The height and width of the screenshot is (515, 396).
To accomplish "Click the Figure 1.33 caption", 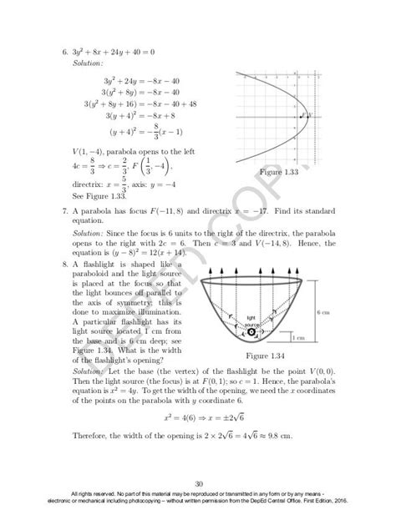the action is click(x=279, y=171).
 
